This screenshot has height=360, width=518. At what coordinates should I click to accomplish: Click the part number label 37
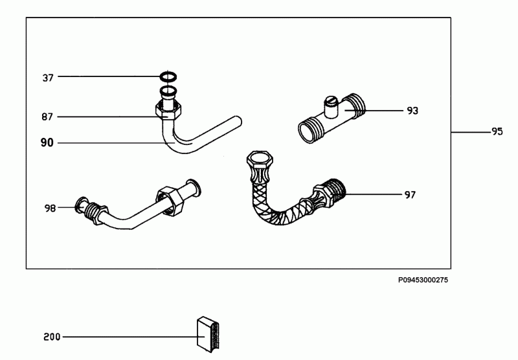point(47,78)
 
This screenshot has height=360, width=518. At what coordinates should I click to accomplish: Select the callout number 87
point(47,117)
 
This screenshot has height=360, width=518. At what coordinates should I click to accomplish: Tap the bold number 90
point(47,142)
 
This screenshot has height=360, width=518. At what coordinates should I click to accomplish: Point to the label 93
point(412,111)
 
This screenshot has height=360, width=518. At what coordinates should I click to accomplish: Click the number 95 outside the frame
point(497,131)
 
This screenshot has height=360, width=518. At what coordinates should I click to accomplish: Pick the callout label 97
point(410,195)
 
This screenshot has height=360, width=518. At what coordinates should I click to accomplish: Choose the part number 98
point(51,208)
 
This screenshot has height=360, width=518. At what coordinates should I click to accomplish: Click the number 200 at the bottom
point(52,337)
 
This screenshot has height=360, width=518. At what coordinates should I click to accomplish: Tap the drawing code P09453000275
point(423,280)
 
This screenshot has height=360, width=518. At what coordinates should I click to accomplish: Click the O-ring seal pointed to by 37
point(168,77)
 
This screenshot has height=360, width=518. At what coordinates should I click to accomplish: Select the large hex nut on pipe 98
point(170,200)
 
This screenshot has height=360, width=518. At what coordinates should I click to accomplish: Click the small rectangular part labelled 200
point(208,334)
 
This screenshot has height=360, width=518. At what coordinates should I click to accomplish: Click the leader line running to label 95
point(471,132)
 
